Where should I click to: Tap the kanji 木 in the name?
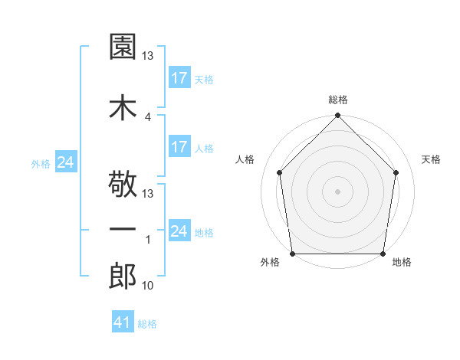tap(123, 107)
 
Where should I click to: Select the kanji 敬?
tap(123, 187)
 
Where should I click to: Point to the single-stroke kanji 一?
tap(123, 230)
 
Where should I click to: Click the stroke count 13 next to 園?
tap(149, 56)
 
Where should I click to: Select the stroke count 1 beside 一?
tap(147, 240)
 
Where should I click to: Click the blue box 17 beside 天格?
tap(179, 77)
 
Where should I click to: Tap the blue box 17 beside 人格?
tap(179, 147)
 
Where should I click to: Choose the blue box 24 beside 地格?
tap(179, 231)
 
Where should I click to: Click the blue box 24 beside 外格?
tap(65, 162)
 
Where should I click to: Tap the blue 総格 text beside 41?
tap(147, 324)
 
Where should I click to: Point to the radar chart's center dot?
tap(337, 191)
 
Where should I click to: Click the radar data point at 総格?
tap(337, 116)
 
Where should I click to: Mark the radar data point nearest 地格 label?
tap(383, 254)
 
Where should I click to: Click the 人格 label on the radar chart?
tap(245, 159)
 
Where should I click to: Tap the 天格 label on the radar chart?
tap(432, 159)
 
